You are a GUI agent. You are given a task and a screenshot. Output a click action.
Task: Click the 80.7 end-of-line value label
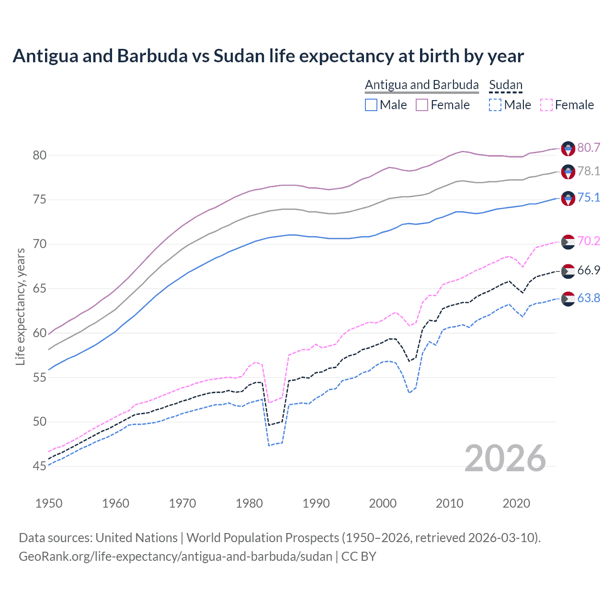[589, 148]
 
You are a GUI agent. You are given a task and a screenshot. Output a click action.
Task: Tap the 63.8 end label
[589, 298]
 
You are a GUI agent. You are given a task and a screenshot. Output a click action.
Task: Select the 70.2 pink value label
[589, 240]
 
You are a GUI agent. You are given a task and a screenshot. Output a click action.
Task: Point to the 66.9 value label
[589, 270]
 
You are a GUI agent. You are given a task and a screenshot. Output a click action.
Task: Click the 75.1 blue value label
[589, 197]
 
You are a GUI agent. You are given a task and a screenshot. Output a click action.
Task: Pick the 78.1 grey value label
[589, 171]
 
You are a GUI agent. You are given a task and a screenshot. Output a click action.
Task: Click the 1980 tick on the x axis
[249, 503]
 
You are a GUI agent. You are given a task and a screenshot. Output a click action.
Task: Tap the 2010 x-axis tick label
[449, 503]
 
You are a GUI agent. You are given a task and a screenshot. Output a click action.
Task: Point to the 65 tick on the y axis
[40, 288]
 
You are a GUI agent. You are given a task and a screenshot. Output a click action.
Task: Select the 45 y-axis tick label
[40, 466]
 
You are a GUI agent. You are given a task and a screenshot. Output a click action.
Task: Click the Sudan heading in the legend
[505, 85]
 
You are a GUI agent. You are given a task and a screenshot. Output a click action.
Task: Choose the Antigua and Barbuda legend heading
[421, 85]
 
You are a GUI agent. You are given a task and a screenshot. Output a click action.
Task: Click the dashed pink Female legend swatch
[546, 105]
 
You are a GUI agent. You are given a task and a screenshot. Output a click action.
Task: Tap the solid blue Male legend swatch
[371, 105]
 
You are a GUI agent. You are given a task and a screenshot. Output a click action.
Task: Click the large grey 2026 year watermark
[505, 458]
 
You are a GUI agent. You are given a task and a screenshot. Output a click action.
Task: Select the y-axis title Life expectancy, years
[20, 306]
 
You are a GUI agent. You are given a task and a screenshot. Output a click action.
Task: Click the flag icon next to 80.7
[568, 148]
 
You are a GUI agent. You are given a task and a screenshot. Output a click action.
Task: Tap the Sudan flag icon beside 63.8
[568, 298]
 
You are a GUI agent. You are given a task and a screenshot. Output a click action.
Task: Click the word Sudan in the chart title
[239, 56]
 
